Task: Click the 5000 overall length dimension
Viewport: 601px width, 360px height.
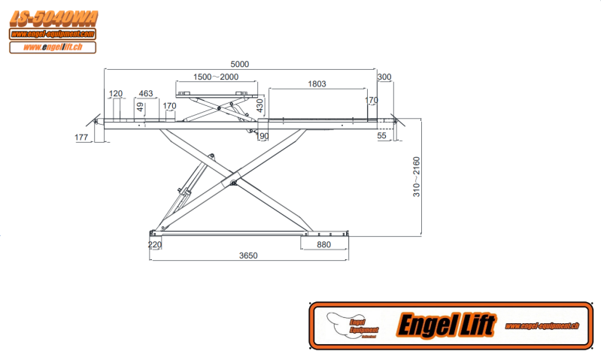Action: coord(238,65)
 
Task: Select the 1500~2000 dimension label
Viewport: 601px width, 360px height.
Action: coord(215,77)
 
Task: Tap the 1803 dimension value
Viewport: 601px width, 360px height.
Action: coord(317,84)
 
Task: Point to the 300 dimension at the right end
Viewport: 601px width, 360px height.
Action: coord(384,77)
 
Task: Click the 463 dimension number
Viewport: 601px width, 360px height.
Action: coord(146,94)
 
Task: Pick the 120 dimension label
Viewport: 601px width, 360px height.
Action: coord(116,94)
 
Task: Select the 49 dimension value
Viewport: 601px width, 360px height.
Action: coord(140,106)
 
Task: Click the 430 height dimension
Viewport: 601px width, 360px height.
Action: coord(261,105)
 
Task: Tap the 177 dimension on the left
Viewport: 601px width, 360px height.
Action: coord(82,138)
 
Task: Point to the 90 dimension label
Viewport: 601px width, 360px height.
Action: coord(263,136)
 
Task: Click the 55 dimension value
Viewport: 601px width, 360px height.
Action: coord(381,136)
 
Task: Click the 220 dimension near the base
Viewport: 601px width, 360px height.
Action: coord(155,244)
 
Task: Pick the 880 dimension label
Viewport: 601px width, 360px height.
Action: coord(323,244)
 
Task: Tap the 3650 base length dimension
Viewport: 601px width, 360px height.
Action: coord(248,256)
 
